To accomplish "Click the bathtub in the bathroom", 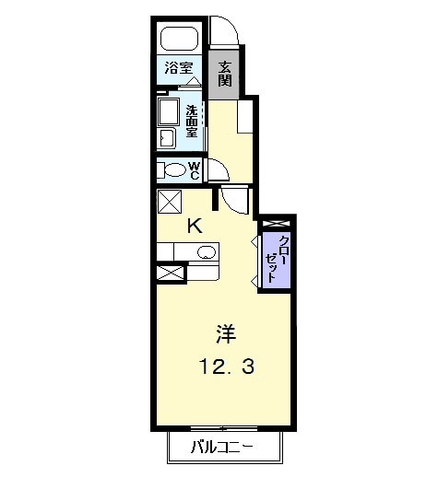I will coord(180,40).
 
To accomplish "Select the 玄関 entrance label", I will coord(225,74).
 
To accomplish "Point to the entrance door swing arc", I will coord(225,33).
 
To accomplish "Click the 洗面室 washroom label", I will coord(192,120).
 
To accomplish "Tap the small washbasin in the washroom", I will coord(168,138).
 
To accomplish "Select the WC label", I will coord(195,169).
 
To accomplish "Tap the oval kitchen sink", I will coord(207,252).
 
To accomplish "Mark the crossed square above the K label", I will coord(168,202).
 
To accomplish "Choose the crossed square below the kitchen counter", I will coord(168,272).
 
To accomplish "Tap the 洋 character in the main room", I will coord(224,332).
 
